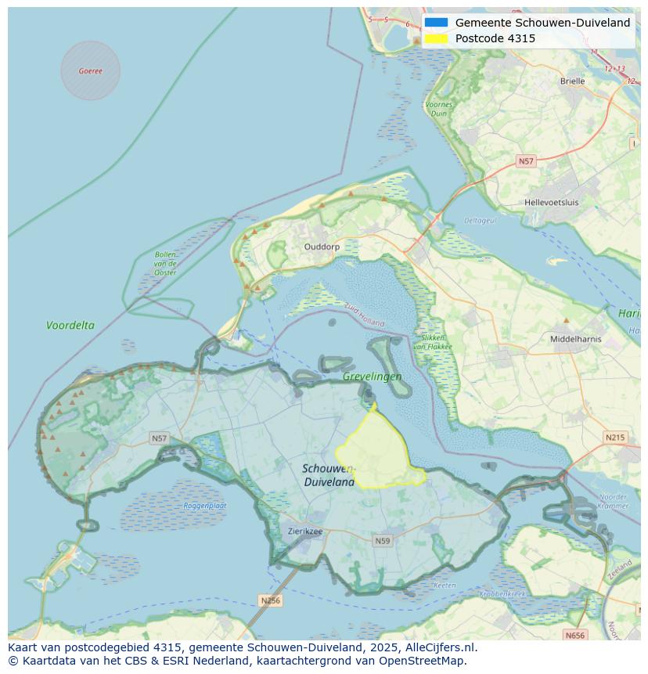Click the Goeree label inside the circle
90,71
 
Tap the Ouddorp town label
322,247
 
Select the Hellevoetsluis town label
552,202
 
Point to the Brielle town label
572,81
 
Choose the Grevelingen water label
372,377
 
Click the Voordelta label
70,325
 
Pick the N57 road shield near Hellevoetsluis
526,161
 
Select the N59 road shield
382,541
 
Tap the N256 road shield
269,600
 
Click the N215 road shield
615,438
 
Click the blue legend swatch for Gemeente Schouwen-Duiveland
437,23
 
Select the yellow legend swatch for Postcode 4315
437,38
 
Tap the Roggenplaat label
205,506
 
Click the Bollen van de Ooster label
165,263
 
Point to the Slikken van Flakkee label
430,342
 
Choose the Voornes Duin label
439,109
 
